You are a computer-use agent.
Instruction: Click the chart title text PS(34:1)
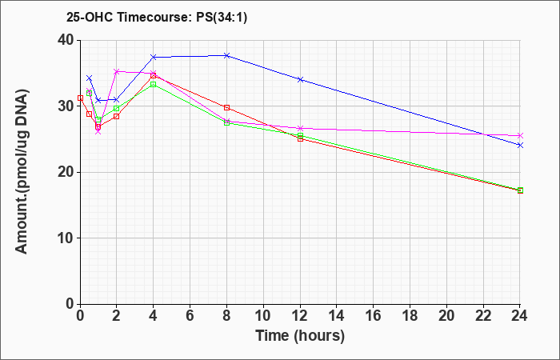222,17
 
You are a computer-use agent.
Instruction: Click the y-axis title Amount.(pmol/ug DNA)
22,172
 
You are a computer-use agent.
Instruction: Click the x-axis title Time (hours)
300,336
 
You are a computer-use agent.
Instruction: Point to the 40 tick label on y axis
66,40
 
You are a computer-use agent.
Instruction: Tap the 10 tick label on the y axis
66,238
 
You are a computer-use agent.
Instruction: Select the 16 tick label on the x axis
374,316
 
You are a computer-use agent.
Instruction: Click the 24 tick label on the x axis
520,316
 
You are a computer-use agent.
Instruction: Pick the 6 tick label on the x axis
190,316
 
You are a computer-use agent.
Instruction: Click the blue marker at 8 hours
226,55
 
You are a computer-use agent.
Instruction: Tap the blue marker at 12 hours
300,79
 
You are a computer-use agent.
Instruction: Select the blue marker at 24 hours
520,145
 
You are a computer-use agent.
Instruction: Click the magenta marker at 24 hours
520,136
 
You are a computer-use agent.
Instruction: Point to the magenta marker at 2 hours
117,71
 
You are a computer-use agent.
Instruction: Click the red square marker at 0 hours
80,98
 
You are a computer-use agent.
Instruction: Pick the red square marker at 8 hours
226,107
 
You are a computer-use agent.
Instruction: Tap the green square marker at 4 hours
154,84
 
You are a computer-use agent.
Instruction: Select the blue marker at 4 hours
154,57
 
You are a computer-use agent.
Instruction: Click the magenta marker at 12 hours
300,128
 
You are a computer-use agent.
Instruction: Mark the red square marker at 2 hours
117,117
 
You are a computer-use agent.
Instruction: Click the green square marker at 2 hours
117,108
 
